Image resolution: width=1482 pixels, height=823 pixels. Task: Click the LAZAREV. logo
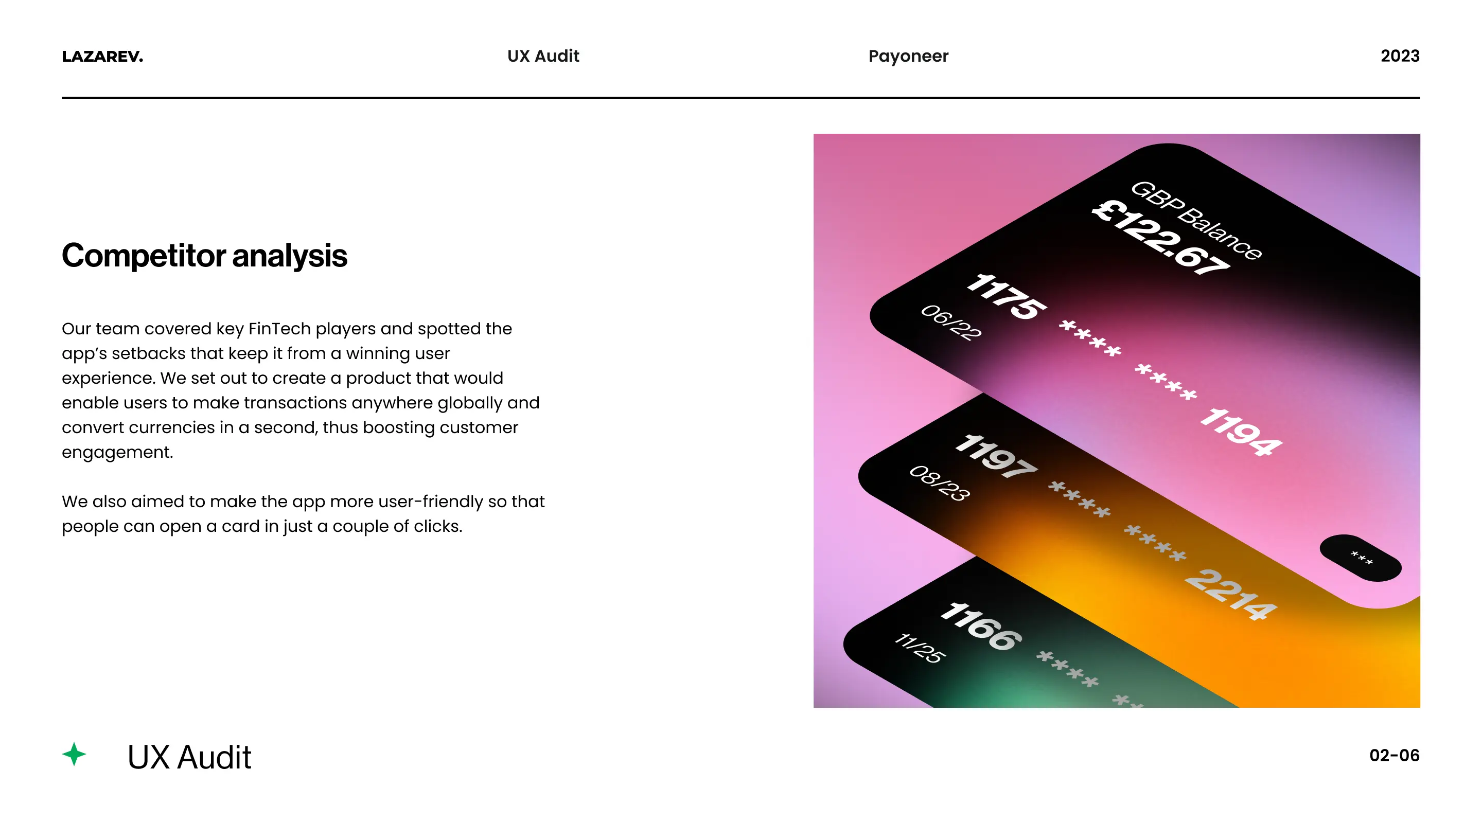tap(102, 57)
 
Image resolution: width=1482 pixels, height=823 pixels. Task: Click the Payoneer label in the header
tap(908, 57)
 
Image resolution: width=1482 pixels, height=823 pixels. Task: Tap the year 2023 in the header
tap(1400, 57)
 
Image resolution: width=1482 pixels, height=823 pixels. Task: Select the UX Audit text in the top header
tap(543, 57)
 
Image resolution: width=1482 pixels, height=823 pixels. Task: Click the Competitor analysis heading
tap(204, 255)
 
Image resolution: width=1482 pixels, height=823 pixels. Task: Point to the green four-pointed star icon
tap(74, 754)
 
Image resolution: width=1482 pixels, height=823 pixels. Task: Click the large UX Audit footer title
tap(189, 757)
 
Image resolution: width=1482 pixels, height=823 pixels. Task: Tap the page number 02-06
tap(1394, 755)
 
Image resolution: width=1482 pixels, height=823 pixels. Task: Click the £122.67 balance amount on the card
tap(1160, 237)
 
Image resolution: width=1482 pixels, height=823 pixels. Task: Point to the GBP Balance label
tap(1196, 220)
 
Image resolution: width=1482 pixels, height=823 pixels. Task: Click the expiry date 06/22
tap(951, 322)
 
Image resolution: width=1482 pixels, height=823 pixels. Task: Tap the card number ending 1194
tap(1241, 432)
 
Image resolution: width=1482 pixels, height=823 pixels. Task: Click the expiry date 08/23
tap(940, 483)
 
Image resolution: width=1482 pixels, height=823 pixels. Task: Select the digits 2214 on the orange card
tap(1230, 595)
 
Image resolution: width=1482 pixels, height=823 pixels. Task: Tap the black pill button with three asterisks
tap(1361, 558)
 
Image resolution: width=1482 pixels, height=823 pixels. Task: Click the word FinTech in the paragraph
tap(279, 329)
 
